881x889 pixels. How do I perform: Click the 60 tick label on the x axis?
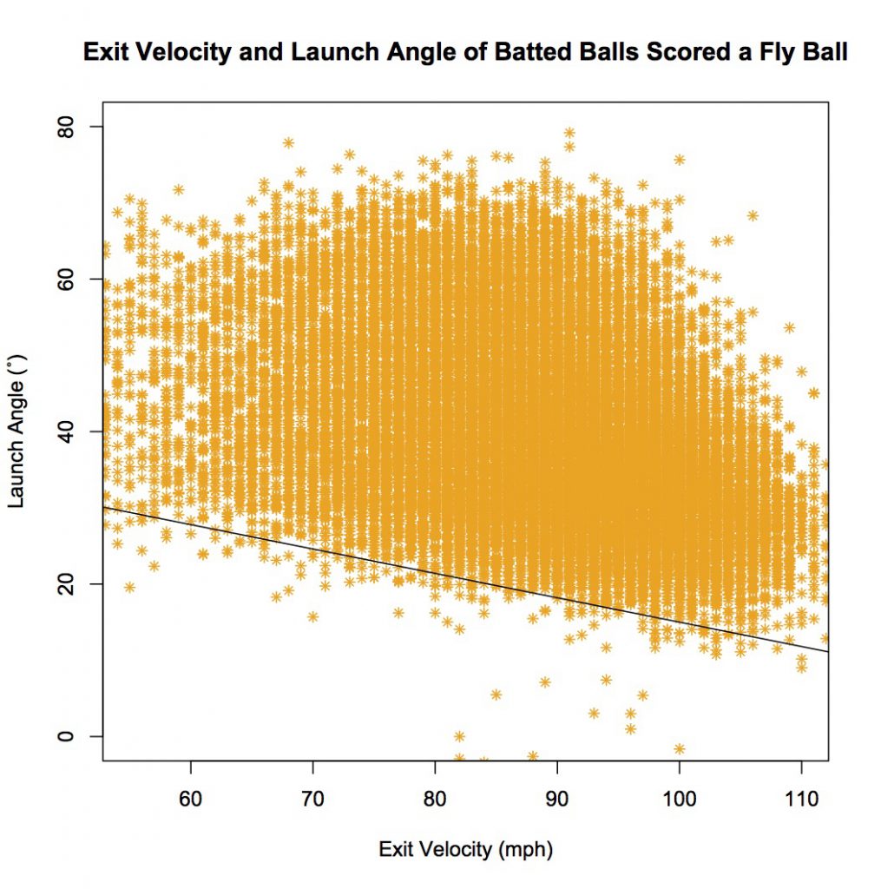click(190, 796)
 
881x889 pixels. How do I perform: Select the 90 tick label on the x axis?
click(557, 796)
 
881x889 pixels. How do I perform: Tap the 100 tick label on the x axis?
click(680, 796)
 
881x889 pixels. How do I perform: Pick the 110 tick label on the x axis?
click(801, 796)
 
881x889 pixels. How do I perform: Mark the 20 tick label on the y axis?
click(72, 583)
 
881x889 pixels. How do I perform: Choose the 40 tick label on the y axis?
click(72, 431)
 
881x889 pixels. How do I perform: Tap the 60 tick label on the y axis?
click(72, 279)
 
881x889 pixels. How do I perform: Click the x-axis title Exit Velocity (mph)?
click(465, 849)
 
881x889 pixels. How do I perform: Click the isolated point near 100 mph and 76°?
click(680, 159)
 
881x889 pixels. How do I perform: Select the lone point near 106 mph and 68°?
click(753, 215)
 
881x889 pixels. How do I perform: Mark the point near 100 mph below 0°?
click(680, 748)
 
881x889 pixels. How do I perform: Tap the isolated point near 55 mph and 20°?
click(129, 587)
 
